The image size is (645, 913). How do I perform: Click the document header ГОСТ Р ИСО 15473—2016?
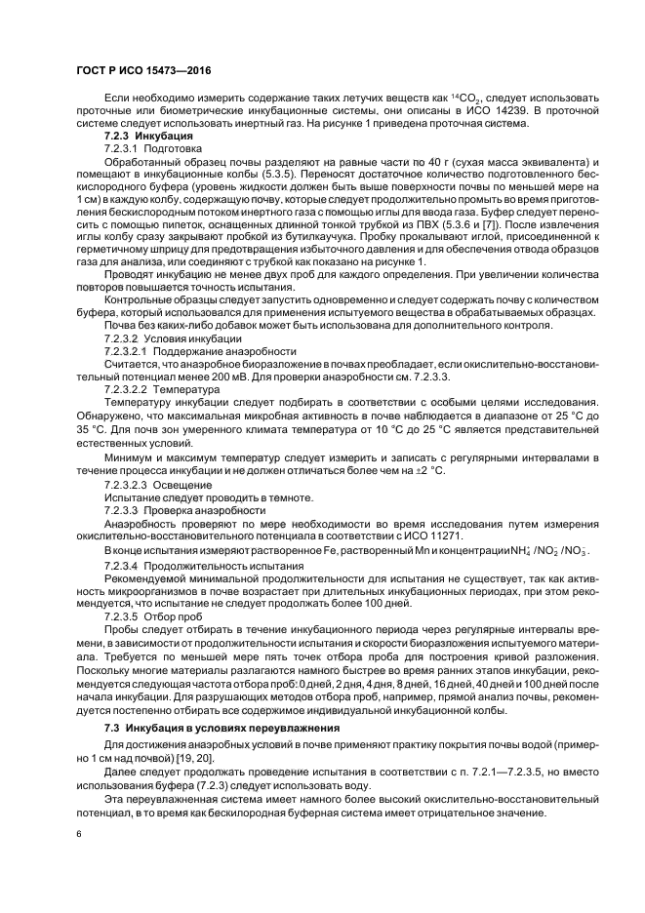pos(142,71)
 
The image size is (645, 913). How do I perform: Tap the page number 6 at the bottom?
pos(78,834)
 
